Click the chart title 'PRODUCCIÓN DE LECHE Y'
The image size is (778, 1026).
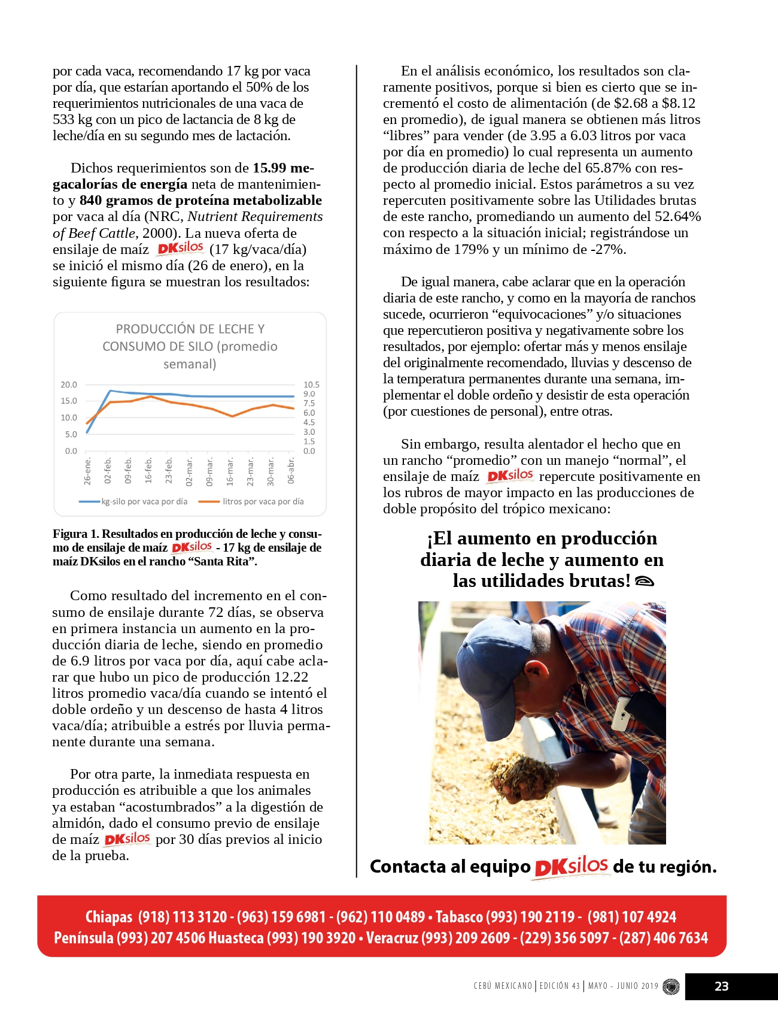click(x=190, y=329)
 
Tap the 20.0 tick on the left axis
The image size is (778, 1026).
click(x=69, y=385)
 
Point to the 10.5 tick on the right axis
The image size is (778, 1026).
click(x=311, y=385)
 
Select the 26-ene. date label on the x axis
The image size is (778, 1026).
click(x=88, y=471)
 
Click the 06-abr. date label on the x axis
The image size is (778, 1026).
click(x=291, y=471)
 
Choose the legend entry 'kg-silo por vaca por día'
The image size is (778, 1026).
click(x=144, y=501)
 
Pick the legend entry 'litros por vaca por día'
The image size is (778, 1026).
click(x=263, y=501)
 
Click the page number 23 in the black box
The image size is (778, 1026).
click(x=722, y=986)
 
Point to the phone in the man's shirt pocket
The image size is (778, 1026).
click(x=622, y=713)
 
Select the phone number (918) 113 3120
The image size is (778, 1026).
click(x=183, y=917)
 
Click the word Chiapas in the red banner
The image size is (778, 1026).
click(x=109, y=917)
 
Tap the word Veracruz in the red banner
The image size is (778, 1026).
click(x=392, y=938)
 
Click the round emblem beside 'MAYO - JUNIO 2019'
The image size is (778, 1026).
click(x=671, y=986)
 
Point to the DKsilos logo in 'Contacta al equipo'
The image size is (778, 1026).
click(x=571, y=867)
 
